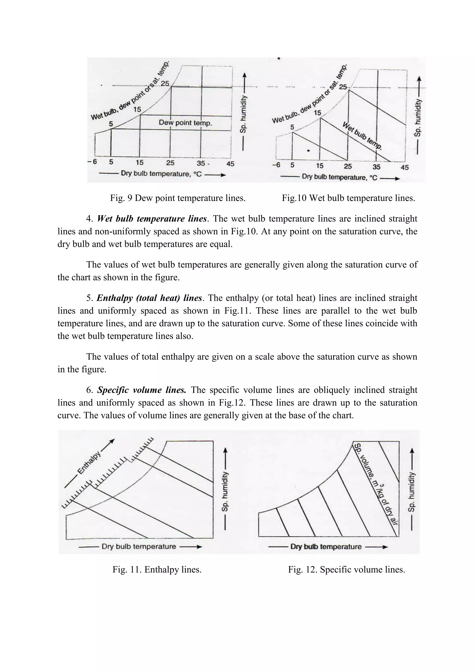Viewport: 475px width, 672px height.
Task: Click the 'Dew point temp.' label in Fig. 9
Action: click(x=185, y=123)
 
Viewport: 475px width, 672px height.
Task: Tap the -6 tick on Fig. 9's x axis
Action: click(x=92, y=162)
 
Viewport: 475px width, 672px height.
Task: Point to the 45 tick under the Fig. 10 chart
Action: click(x=404, y=167)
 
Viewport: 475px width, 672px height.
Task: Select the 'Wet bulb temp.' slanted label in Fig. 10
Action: click(x=362, y=136)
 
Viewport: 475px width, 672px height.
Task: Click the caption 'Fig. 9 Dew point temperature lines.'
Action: click(x=177, y=198)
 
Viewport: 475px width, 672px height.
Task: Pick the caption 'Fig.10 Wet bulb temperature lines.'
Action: click(x=348, y=198)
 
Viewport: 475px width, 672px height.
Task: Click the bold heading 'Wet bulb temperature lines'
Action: click(x=152, y=219)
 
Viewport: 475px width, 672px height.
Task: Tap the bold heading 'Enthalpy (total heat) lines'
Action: click(x=149, y=298)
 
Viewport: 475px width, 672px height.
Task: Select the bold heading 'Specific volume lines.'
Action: click(x=141, y=390)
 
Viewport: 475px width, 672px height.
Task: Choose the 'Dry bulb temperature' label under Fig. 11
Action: click(x=139, y=547)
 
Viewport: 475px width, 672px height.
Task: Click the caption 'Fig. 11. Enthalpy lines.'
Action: click(x=157, y=570)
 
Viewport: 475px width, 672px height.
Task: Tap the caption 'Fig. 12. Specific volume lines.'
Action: click(x=346, y=570)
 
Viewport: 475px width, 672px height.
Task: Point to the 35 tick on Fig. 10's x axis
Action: click(x=376, y=167)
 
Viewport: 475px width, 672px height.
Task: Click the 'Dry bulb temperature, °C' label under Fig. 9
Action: click(x=161, y=174)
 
